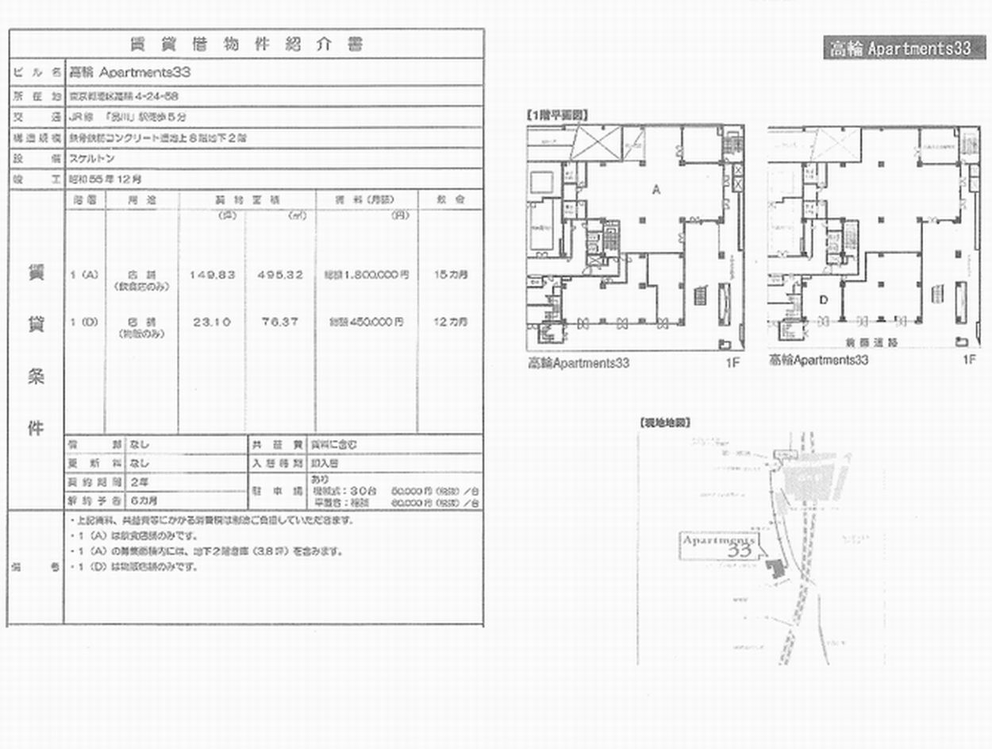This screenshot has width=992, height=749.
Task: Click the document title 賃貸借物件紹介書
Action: pyautogui.click(x=246, y=44)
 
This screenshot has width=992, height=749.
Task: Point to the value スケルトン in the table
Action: pyautogui.click(x=91, y=159)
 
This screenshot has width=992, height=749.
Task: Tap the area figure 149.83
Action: pyautogui.click(x=212, y=275)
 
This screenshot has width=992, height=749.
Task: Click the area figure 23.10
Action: pyautogui.click(x=212, y=322)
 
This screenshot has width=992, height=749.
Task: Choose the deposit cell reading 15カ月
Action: pyautogui.click(x=451, y=275)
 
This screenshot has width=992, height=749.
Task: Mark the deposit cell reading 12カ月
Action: pyautogui.click(x=451, y=322)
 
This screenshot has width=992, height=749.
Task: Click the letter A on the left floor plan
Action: pyautogui.click(x=656, y=190)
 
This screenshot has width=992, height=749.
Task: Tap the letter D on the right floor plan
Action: pyautogui.click(x=823, y=299)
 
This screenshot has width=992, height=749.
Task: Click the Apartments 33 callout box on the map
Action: pyautogui.click(x=718, y=545)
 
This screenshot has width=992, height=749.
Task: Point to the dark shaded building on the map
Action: pyautogui.click(x=774, y=568)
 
